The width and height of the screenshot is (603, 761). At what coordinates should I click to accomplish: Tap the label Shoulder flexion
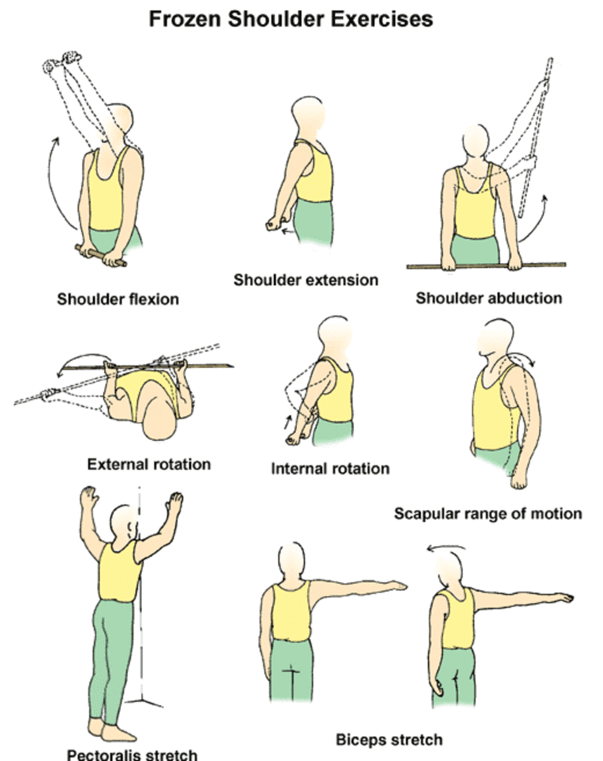coord(118,298)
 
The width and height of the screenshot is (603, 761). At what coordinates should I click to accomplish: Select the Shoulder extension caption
coord(306,280)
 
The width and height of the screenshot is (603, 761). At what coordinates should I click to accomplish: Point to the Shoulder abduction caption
coord(488,297)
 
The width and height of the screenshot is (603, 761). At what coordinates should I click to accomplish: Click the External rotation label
coord(148,464)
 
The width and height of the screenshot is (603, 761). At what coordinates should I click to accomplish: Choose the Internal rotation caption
coord(330,469)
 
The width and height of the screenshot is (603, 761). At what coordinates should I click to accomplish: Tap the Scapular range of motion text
coord(488,513)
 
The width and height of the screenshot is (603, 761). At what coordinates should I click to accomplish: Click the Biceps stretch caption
coord(389,739)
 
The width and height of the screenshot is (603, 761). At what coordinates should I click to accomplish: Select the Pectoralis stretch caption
coord(132,755)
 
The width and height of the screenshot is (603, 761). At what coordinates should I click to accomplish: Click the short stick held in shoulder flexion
coord(101,255)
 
